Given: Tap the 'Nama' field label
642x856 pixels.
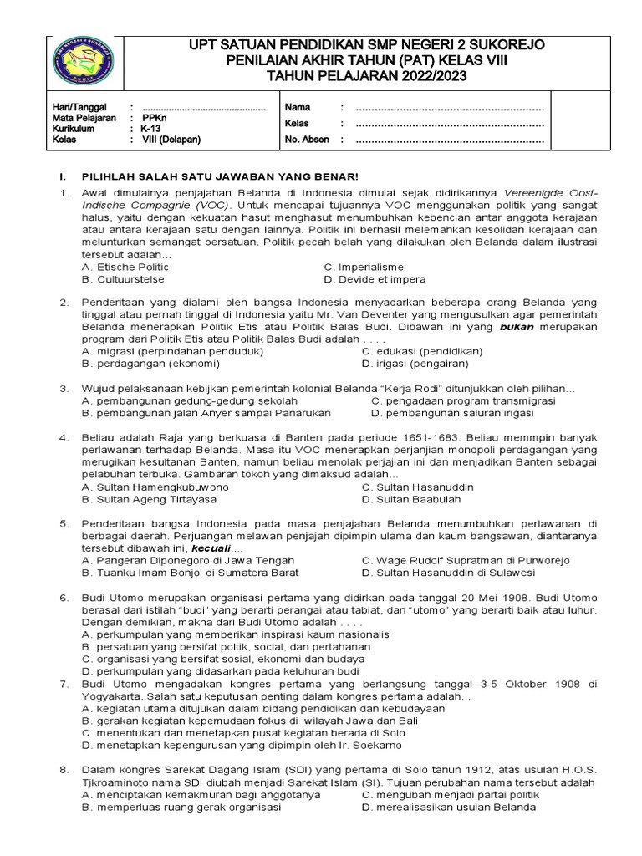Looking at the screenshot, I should [298, 108].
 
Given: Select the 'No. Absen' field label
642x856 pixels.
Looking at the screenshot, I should [307, 140].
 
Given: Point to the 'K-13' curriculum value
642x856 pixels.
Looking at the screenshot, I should [150, 129].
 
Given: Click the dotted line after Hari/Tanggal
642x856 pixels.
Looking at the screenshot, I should [203, 108].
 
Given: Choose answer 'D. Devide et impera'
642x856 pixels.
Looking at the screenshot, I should [374, 278].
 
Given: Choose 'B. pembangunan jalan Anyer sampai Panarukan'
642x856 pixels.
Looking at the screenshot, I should [206, 413].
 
